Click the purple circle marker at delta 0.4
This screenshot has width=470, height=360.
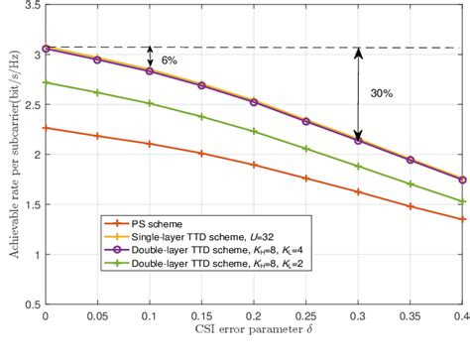[x=463, y=180]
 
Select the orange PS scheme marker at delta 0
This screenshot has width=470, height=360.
[x=45, y=127]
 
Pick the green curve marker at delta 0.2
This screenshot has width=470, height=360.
[x=254, y=132]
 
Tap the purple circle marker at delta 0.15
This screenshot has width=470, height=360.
[x=201, y=85]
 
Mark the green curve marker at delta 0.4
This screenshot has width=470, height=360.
[x=463, y=201]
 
